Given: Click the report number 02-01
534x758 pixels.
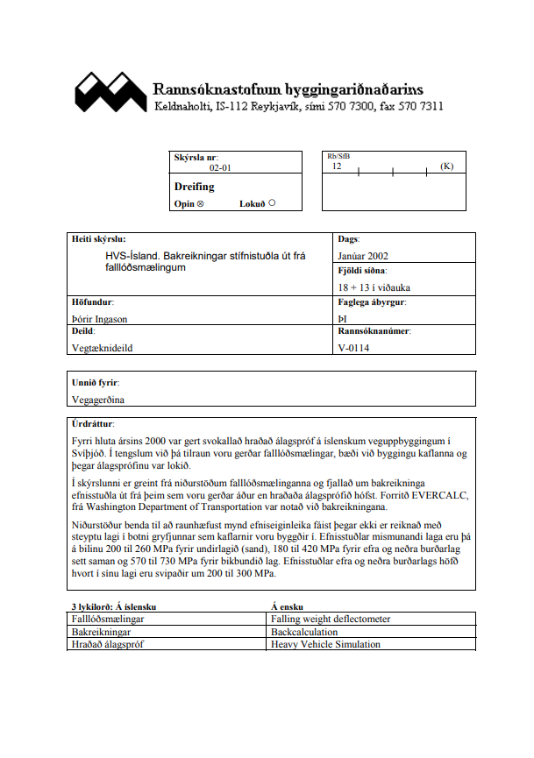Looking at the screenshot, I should (220, 166).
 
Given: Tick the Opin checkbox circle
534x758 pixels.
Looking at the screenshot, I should (201, 203).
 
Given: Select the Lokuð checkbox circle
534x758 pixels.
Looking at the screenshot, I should (272, 202).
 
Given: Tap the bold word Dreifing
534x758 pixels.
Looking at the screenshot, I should (194, 187).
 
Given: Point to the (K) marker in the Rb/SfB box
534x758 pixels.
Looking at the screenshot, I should (447, 166).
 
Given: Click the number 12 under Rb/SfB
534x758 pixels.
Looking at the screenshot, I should (337, 166).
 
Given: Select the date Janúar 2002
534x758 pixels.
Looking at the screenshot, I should (362, 255).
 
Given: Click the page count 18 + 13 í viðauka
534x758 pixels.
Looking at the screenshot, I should (374, 287).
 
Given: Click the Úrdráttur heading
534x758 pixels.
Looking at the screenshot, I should (93, 423).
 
